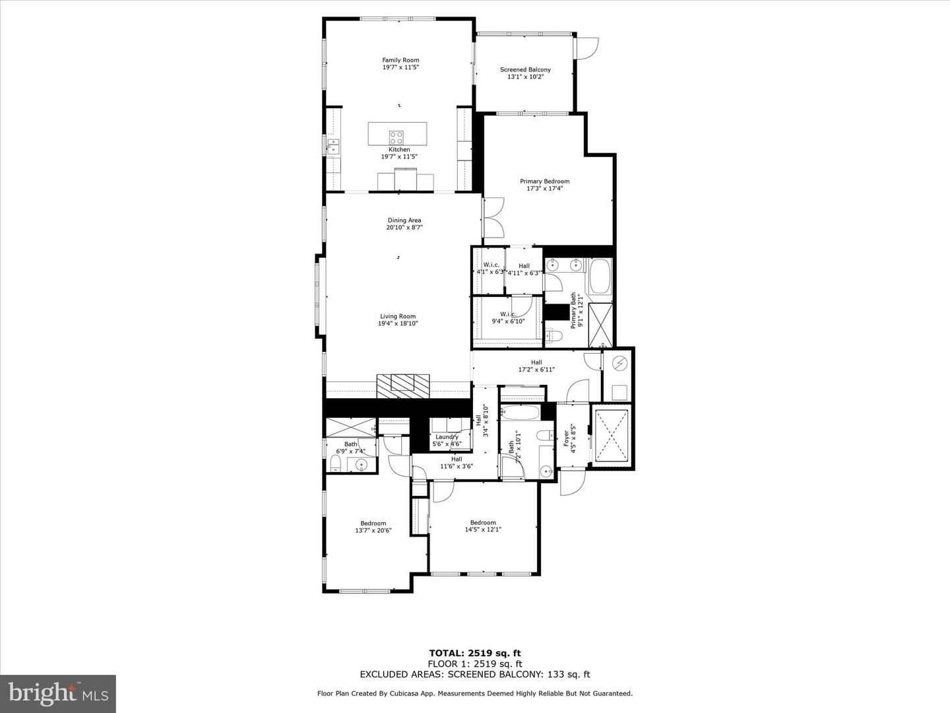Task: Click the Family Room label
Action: pyautogui.click(x=400, y=60)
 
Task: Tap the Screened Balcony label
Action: pyautogui.click(x=525, y=69)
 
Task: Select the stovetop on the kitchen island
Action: pyautogui.click(x=396, y=137)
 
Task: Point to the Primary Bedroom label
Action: pyautogui.click(x=544, y=181)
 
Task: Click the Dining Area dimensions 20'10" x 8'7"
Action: pyautogui.click(x=404, y=228)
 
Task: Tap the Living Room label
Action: pyautogui.click(x=398, y=316)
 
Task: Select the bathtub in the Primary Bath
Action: pyautogui.click(x=600, y=277)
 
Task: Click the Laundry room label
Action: pyautogui.click(x=447, y=436)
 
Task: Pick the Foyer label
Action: pyautogui.click(x=565, y=436)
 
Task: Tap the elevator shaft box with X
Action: pyautogui.click(x=611, y=436)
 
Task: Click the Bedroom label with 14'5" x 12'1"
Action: pyautogui.click(x=483, y=522)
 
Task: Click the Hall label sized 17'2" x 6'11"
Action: pyautogui.click(x=536, y=362)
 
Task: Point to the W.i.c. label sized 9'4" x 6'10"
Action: pyautogui.click(x=507, y=314)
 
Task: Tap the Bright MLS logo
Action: pyautogui.click(x=58, y=693)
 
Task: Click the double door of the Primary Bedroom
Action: pyautogui.click(x=493, y=219)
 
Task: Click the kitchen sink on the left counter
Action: pyautogui.click(x=334, y=146)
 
